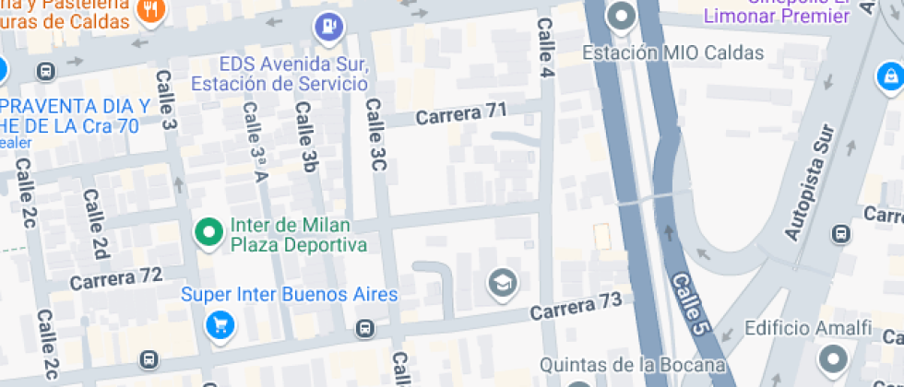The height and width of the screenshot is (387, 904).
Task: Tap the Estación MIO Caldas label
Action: click(672, 53)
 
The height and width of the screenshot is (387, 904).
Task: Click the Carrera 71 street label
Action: click(461, 114)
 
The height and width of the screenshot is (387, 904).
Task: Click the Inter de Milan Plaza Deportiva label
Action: click(298, 235)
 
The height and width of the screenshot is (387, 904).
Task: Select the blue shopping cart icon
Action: click(220, 324)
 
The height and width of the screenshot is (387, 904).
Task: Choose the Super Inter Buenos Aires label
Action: click(289, 295)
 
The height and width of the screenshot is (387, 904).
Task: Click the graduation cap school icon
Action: click(503, 282)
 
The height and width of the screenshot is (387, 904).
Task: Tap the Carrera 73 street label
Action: click(576, 306)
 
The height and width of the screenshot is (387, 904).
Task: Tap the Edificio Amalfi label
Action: click(807, 329)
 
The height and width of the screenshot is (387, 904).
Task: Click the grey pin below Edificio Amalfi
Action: click(834, 359)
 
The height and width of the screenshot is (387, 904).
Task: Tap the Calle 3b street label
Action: click(306, 136)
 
